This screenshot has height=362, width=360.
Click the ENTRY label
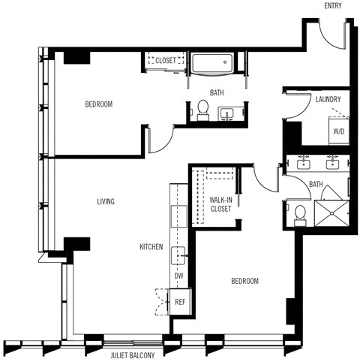(x=334, y=6)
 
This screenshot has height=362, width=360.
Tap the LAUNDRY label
(x=328, y=99)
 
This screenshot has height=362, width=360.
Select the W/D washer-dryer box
(x=339, y=131)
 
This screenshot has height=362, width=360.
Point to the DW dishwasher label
(x=178, y=276)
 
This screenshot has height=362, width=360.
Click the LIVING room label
(x=106, y=201)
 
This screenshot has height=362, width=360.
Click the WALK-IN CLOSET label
(x=220, y=204)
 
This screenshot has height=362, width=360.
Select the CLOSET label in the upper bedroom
(x=166, y=60)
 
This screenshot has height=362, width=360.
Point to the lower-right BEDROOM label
(x=244, y=281)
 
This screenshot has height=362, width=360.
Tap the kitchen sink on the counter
(x=179, y=255)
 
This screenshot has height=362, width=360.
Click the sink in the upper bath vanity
(x=227, y=113)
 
